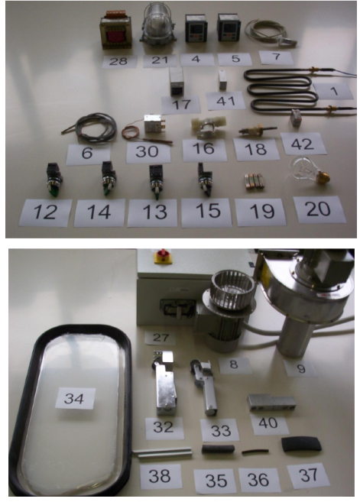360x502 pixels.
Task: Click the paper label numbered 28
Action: click(119, 61)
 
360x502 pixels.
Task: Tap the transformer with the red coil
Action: click(117, 31)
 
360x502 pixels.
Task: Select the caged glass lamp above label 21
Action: click(158, 26)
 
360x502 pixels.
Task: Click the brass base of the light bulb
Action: click(323, 176)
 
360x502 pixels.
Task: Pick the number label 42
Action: click(303, 144)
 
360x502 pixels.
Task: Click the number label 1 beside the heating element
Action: click(333, 92)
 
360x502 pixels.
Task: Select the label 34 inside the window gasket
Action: click(75, 399)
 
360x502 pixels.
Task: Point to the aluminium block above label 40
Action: click(271, 403)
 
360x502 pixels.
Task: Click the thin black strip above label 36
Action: click(255, 452)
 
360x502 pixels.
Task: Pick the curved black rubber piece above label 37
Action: click(301, 444)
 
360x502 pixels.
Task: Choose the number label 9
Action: click(300, 368)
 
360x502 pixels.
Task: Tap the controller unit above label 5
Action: click(229, 28)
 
